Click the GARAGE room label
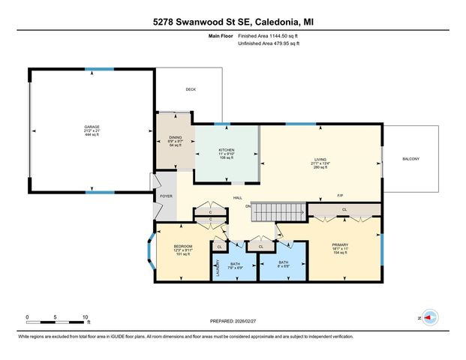coord(92,127)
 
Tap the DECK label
coord(191,89)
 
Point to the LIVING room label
coord(320,158)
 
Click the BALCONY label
coord(410,159)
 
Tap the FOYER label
coord(166,197)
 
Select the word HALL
coord(237,198)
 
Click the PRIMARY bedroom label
coord(341,244)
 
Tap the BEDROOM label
coord(184,246)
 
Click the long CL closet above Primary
coord(344,209)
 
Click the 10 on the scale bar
coord(86,316)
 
